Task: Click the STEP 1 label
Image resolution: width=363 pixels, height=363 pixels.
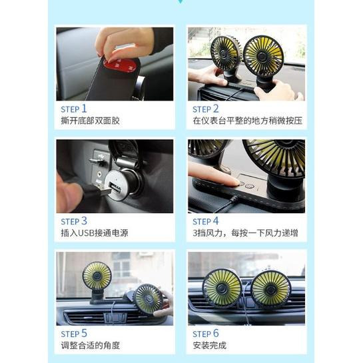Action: [74, 109]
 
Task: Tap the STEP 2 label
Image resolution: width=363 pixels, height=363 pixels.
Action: [206, 109]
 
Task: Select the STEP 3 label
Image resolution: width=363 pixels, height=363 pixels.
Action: [74, 220]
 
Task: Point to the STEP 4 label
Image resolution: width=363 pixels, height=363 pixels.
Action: [206, 220]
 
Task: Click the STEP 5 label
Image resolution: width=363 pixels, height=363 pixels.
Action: [74, 333]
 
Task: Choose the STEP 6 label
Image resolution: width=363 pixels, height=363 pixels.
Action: [206, 333]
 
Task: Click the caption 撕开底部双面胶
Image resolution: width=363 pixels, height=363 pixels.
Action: [90, 121]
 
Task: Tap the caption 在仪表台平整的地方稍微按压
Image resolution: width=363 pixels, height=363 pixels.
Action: [247, 121]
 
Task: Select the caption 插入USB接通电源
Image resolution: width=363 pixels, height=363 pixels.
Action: [94, 234]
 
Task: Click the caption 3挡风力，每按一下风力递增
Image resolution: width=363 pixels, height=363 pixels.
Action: [245, 234]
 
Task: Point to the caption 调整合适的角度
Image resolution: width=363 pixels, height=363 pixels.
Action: [90, 346]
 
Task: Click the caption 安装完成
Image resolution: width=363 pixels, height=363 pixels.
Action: [209, 346]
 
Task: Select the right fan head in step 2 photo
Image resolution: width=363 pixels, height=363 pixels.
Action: [263, 54]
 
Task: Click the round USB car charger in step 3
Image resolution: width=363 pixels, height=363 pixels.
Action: [120, 181]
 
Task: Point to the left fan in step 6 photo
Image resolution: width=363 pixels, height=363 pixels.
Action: [222, 288]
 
